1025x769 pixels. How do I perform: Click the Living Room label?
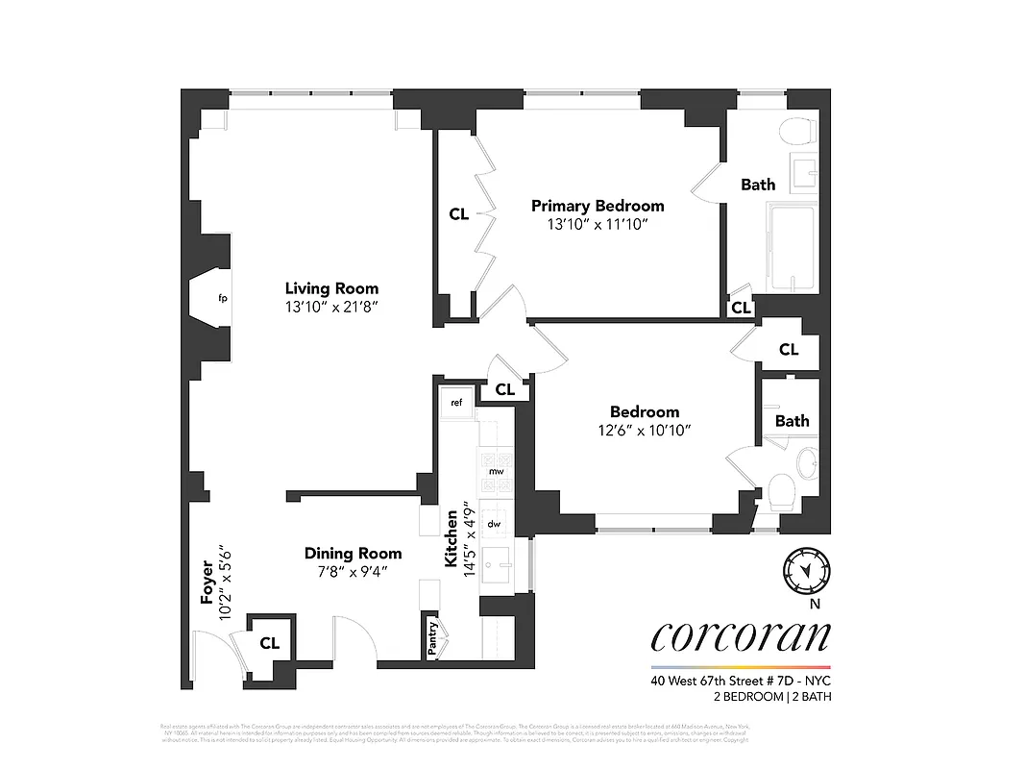point(331,288)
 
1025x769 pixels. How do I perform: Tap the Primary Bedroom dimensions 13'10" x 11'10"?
point(598,224)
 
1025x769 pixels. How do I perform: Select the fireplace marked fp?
point(222,299)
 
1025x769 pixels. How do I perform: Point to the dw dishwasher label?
point(495,524)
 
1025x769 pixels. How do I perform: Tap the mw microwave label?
point(497,472)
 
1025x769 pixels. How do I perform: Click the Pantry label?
point(432,637)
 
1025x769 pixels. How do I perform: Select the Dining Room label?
point(353,554)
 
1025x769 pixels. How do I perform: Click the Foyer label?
point(207,583)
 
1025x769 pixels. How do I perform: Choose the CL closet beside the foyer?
point(270,643)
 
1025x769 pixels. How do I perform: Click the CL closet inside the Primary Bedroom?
point(458,214)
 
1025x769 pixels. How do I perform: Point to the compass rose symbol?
point(805,569)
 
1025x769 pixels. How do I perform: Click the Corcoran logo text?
point(740,635)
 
